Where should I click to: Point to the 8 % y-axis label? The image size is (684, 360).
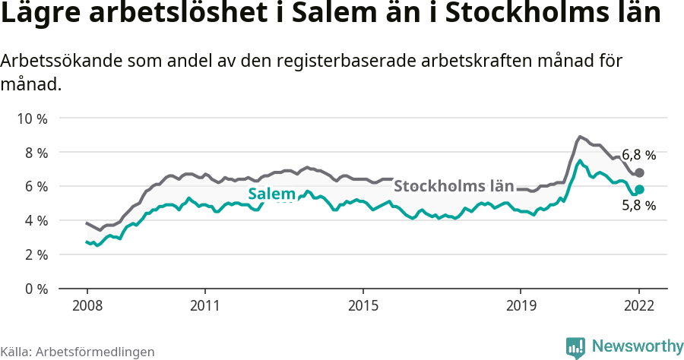coord(33,153)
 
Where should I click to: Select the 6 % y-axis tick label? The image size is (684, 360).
coord(33,187)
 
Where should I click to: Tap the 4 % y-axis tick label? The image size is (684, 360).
coord(33,221)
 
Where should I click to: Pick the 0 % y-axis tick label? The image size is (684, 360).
coord(33,289)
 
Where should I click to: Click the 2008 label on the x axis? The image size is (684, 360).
coord(87,306)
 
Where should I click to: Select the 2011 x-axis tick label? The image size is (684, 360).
coord(205,306)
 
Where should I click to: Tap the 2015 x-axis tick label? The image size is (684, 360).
coord(363,306)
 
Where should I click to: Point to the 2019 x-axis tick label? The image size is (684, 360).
coord(521,306)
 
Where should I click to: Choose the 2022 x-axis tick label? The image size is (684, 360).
coord(639,306)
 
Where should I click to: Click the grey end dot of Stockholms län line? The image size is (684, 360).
coord(639,172)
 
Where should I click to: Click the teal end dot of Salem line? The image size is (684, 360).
coord(639,189)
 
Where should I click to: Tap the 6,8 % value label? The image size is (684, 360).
coord(638,156)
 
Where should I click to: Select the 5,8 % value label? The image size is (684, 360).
coord(638,205)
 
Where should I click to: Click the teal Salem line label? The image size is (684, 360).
coord(271,194)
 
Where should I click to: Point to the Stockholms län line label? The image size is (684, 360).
coord(454,186)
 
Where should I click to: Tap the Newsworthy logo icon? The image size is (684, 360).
coord(575,347)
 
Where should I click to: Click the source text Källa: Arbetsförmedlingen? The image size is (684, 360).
coord(78,352)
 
